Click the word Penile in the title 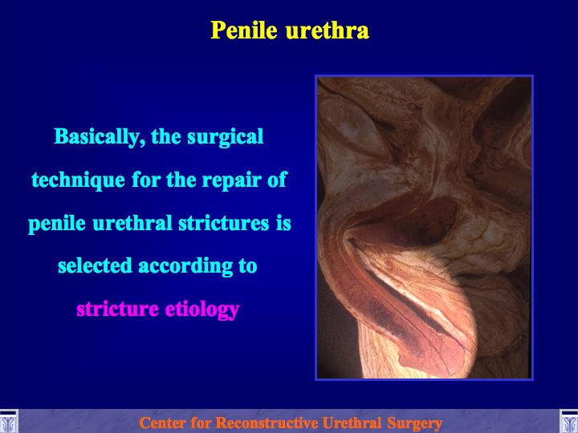click(x=244, y=30)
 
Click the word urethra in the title click(x=328, y=30)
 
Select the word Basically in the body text click(x=97, y=137)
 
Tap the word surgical click(x=226, y=137)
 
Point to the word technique click(x=78, y=180)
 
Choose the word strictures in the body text click(x=224, y=223)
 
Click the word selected click(x=95, y=265)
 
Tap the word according click(x=185, y=266)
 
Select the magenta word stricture click(x=117, y=309)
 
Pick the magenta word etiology click(x=202, y=310)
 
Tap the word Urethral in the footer click(x=352, y=423)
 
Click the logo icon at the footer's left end click(x=8, y=422)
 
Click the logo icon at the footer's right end click(x=569, y=422)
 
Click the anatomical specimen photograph click(x=424, y=228)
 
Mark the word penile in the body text click(x=57, y=224)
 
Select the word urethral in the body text click(x=132, y=223)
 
